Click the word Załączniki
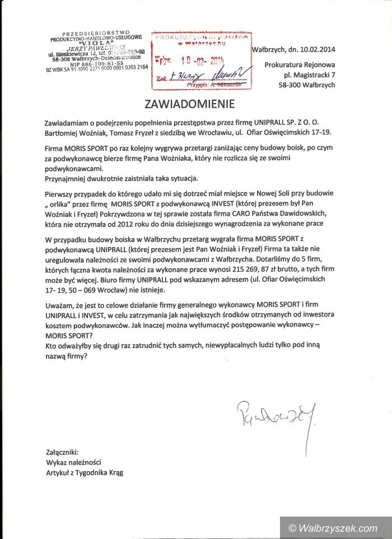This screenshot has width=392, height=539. pyautogui.click(x=63, y=452)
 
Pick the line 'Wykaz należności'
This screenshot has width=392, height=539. pyautogui.click(x=73, y=462)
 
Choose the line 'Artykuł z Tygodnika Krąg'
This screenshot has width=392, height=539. pyautogui.click(x=85, y=472)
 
